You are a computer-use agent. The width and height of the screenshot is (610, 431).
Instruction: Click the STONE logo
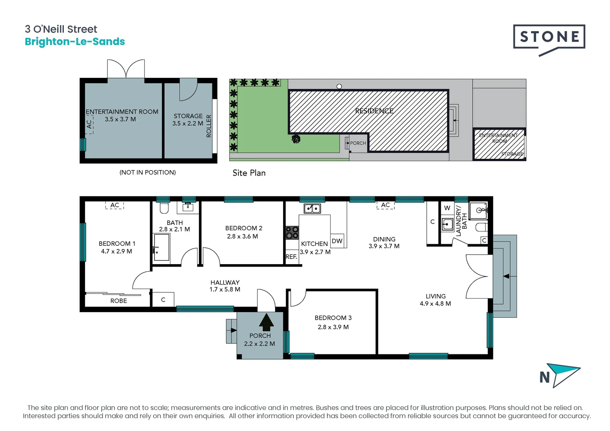(549, 37)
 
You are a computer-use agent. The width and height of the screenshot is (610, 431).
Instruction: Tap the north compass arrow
(563, 374)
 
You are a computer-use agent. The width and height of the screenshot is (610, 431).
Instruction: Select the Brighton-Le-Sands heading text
(75, 42)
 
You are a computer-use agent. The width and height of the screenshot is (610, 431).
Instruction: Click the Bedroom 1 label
(117, 243)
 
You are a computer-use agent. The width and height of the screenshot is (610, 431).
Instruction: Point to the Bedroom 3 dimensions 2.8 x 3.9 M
(333, 327)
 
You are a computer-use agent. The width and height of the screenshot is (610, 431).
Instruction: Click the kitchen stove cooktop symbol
(292, 233)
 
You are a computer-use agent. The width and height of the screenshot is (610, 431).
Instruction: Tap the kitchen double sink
(312, 208)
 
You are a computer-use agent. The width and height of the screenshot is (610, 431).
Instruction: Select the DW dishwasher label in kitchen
(337, 241)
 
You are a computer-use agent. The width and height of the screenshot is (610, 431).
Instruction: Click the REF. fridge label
(291, 257)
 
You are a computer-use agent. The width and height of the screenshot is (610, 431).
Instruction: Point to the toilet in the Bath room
(164, 208)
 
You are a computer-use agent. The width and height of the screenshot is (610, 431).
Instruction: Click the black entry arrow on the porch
(266, 322)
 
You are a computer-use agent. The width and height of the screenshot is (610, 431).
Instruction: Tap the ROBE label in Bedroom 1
(119, 301)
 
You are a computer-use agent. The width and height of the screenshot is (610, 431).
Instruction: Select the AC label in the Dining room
(385, 205)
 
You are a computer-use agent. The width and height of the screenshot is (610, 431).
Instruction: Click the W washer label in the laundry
(447, 208)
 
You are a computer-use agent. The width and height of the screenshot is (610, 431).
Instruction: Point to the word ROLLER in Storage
(208, 126)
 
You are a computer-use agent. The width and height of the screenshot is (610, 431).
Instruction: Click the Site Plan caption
(249, 173)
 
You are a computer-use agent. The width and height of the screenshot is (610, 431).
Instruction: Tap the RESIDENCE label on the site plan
(374, 111)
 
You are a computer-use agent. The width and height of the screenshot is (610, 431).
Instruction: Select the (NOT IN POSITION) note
(147, 172)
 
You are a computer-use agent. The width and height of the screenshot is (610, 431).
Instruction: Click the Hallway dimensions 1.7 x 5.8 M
(225, 289)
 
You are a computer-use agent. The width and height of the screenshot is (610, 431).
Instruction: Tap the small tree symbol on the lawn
(296, 139)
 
